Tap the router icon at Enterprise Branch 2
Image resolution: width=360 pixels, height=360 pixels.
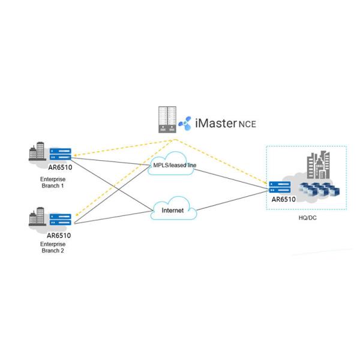61,219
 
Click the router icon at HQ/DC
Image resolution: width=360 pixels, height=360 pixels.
280,187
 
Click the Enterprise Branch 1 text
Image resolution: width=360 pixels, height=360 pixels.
54,182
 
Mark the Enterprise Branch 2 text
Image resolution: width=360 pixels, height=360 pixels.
54,248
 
